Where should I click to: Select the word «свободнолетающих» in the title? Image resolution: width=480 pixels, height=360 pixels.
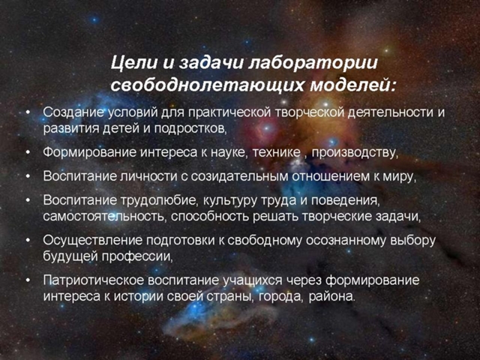pyautogui.click(x=207, y=84)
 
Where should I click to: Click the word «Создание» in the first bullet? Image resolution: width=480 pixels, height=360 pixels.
pyautogui.click(x=73, y=112)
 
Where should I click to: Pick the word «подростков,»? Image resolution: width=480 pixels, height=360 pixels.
pyautogui.click(x=190, y=128)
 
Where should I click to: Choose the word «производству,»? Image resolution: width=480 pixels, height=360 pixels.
pyautogui.click(x=355, y=152)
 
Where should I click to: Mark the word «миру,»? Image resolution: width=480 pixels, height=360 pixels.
pyautogui.click(x=400, y=177)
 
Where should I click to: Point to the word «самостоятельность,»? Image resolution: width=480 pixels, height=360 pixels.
pyautogui.click(x=105, y=217)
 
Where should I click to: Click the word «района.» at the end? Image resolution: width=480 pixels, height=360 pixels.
pyautogui.click(x=332, y=296)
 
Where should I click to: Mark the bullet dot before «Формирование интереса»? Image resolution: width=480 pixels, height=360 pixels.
pyautogui.click(x=28, y=152)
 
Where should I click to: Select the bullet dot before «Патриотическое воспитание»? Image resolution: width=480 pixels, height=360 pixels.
pyautogui.click(x=28, y=280)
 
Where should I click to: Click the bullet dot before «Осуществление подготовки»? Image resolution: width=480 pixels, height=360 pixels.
pyautogui.click(x=28, y=240)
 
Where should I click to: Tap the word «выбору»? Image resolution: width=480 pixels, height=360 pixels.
pyautogui.click(x=413, y=241)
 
